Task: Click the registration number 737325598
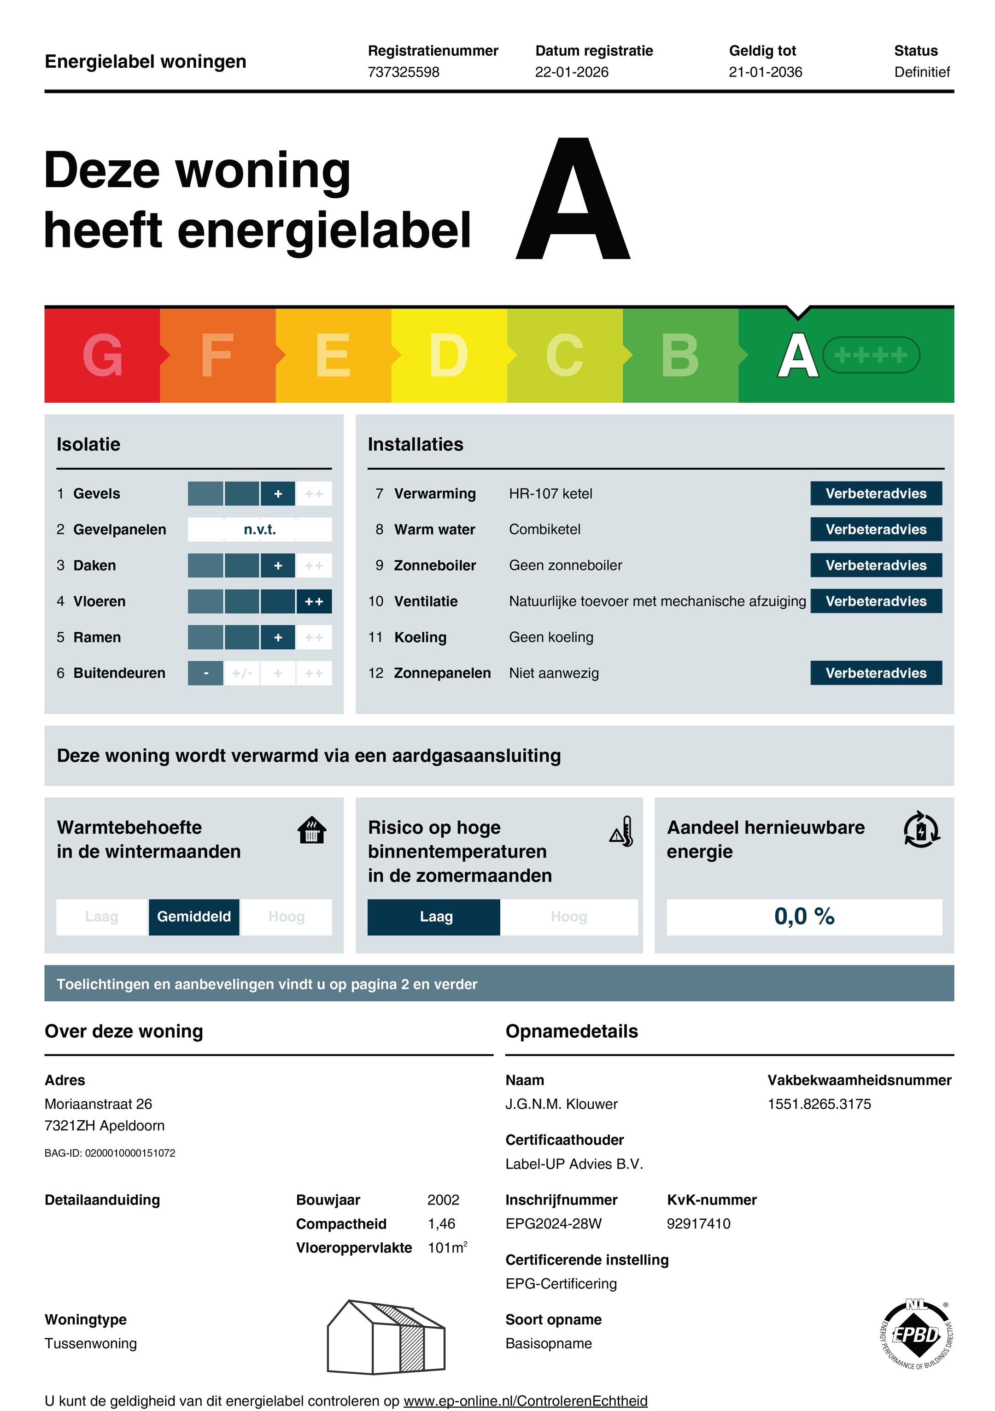404,72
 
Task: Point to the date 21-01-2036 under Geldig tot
765,72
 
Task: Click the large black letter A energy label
573,200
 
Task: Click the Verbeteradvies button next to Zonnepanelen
875,673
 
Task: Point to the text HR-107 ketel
550,494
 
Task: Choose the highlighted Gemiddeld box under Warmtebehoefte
193,916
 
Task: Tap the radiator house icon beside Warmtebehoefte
312,830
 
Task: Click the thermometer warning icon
621,831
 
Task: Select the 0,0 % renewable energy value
804,916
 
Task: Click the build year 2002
443,1199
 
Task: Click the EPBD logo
916,1335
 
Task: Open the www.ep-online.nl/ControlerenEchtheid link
525,1400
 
